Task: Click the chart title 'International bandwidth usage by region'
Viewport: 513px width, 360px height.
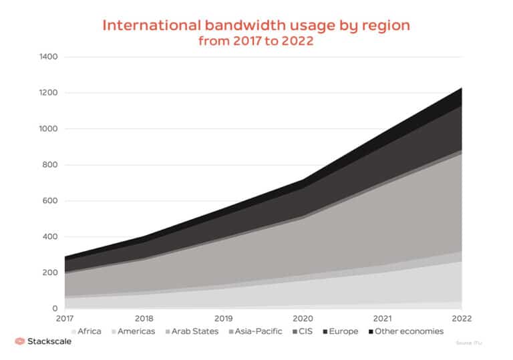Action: click(x=256, y=25)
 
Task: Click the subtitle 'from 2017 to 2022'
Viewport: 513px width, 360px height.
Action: click(x=256, y=41)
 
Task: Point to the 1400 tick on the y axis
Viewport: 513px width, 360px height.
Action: click(x=49, y=57)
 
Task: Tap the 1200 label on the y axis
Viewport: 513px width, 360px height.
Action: click(x=49, y=93)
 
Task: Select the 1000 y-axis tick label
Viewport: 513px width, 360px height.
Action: click(x=49, y=129)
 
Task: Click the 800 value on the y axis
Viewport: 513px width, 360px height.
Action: click(x=51, y=165)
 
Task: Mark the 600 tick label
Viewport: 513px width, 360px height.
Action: click(x=51, y=201)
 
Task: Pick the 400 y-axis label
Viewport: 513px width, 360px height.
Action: click(x=51, y=237)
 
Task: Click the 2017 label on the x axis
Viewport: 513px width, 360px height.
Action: click(x=65, y=319)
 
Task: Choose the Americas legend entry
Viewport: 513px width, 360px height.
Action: click(x=132, y=331)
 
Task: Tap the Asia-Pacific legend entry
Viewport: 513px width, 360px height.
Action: click(x=254, y=331)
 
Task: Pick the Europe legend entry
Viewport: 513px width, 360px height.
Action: click(x=340, y=331)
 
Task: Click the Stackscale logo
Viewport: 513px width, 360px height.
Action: click(x=43, y=341)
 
